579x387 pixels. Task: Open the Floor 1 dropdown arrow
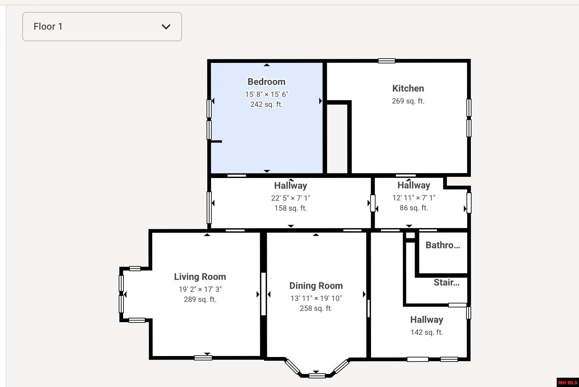(x=166, y=27)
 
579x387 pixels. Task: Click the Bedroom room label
(x=267, y=82)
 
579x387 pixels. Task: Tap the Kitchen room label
(x=408, y=89)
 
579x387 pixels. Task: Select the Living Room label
(x=200, y=277)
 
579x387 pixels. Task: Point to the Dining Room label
(x=316, y=286)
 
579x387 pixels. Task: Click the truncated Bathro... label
(x=443, y=245)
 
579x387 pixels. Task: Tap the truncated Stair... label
(x=447, y=283)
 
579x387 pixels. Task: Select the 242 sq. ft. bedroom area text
(x=267, y=104)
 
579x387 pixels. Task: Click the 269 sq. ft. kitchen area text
(x=408, y=101)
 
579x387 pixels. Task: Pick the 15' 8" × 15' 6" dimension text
(x=267, y=95)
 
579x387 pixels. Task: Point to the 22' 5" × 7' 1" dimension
(x=290, y=198)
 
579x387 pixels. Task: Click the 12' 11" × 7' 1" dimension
(x=414, y=198)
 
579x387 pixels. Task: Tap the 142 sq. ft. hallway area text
(x=427, y=332)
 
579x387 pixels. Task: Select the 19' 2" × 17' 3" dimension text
(x=200, y=290)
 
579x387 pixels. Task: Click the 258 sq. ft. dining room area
(x=316, y=308)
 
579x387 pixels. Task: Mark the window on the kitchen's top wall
(x=387, y=61)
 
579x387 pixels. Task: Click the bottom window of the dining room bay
(x=317, y=376)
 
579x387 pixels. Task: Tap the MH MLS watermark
(x=568, y=383)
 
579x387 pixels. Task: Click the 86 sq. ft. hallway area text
(x=414, y=208)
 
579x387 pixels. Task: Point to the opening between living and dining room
(x=264, y=294)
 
